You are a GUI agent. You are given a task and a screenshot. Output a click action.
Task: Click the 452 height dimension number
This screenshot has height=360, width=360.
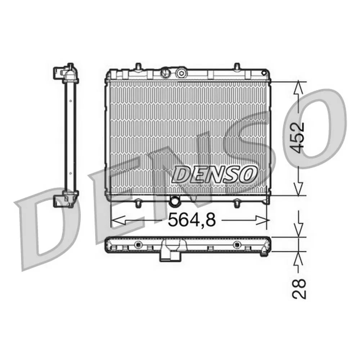(x=299, y=138)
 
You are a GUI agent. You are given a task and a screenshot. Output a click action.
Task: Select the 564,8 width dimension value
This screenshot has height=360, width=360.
(x=192, y=220)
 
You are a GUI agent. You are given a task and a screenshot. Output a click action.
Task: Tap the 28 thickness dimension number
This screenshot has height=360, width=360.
(x=299, y=289)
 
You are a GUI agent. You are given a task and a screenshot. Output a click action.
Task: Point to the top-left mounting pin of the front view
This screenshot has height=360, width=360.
(x=138, y=67)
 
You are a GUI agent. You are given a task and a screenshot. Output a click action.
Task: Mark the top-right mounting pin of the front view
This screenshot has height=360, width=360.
(x=237, y=66)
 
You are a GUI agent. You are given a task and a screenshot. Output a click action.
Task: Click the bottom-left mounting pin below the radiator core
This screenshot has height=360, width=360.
(x=138, y=204)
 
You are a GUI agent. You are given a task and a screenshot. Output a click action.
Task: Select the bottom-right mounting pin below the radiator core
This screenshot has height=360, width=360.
(x=237, y=204)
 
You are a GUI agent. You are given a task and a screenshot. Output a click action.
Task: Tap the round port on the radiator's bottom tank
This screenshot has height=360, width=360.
(x=175, y=201)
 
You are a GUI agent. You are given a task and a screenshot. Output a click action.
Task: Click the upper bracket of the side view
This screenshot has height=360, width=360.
(x=66, y=73)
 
